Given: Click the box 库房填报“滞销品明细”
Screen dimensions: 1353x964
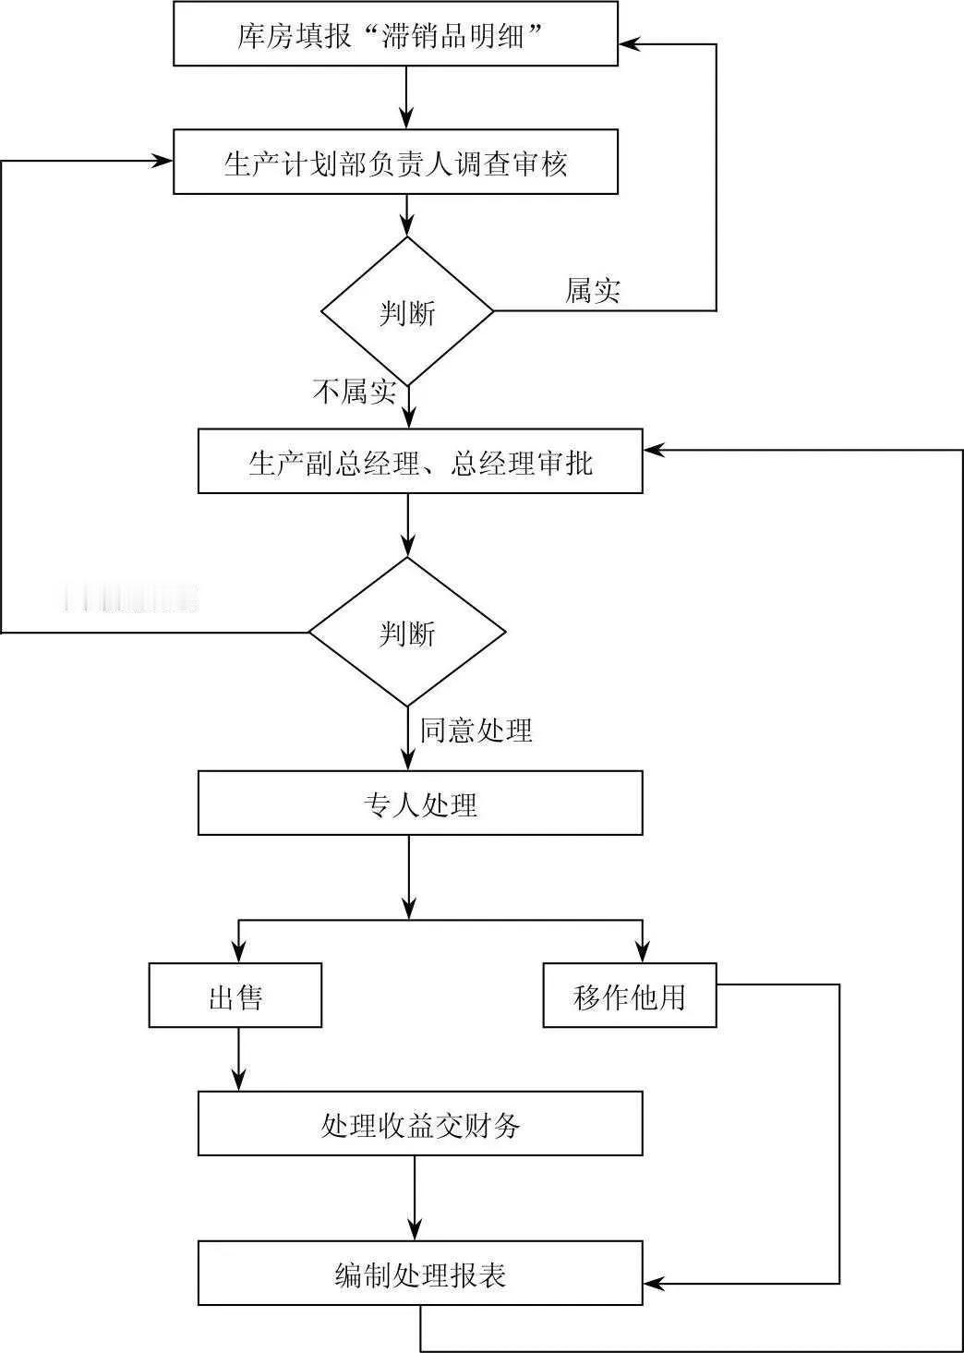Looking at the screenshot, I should click(x=395, y=35).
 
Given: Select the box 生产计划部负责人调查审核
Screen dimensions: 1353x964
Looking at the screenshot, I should click(x=395, y=163).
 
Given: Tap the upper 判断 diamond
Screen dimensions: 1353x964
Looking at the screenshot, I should click(x=407, y=311).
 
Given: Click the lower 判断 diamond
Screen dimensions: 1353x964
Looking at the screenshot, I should click(x=407, y=633).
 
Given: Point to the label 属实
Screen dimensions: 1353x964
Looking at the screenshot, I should click(x=592, y=290).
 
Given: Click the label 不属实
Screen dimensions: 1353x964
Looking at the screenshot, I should click(x=355, y=392).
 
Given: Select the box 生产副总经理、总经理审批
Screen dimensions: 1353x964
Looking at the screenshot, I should click(x=420, y=461).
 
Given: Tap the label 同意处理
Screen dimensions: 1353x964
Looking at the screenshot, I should click(x=476, y=730).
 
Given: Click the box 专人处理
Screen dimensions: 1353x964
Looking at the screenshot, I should click(x=420, y=803).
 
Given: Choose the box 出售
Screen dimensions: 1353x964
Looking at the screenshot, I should click(x=235, y=996).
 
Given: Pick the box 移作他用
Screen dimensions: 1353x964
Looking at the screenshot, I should click(x=629, y=996).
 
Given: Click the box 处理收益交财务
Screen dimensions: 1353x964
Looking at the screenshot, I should click(x=420, y=1123).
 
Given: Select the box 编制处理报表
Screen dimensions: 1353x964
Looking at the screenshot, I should click(x=420, y=1274).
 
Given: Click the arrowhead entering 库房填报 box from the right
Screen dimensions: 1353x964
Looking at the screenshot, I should click(x=629, y=43).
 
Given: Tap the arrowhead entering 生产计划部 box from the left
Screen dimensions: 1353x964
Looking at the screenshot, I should click(x=163, y=162).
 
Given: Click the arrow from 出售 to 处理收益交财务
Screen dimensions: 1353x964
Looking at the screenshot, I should click(x=239, y=1059).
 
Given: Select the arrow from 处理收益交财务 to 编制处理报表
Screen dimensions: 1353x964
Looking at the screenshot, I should click(x=415, y=1198).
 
